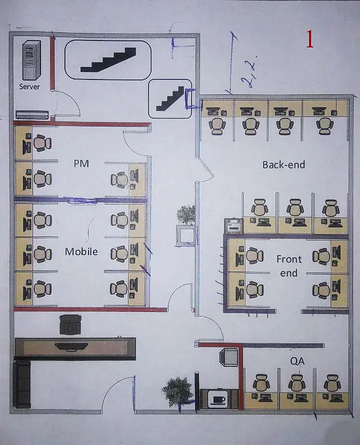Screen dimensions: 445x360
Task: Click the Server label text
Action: [29, 86]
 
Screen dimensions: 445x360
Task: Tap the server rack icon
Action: [31, 61]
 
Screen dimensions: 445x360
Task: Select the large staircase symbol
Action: [108, 60]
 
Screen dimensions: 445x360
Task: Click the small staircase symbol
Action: [170, 98]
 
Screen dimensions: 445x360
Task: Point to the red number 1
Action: [309, 39]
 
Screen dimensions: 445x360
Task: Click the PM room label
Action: [81, 163]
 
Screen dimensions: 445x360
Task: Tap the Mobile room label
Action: [81, 251]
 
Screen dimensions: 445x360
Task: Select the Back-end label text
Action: [283, 164]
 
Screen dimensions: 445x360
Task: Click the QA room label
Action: [297, 360]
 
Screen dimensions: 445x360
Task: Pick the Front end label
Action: [289, 266]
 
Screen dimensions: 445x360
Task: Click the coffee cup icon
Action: [218, 399]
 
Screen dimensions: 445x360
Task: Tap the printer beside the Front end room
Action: [233, 226]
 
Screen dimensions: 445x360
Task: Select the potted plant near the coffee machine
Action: [177, 390]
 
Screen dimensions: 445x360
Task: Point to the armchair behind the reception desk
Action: [70, 324]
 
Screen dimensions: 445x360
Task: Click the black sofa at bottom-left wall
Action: [22, 384]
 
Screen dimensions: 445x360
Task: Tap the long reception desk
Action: [75, 347]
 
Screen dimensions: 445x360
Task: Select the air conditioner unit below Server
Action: [32, 114]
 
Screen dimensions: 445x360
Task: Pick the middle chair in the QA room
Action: [296, 383]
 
